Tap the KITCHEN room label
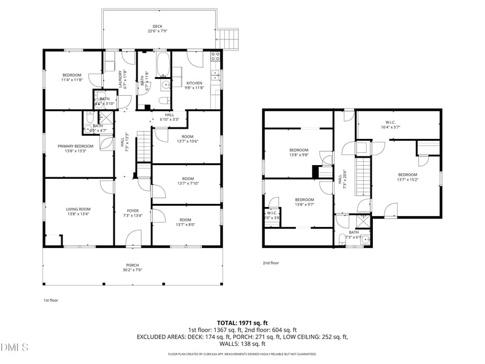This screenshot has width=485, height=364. (194, 83)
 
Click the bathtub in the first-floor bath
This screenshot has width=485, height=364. (163, 62)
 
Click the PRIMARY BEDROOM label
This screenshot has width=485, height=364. (76, 146)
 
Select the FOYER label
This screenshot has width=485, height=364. (132, 211)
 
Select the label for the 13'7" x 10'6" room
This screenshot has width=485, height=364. (187, 139)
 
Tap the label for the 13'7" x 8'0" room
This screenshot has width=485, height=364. (186, 223)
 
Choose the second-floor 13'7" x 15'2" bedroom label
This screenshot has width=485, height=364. (407, 177)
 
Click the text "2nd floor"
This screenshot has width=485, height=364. (270, 263)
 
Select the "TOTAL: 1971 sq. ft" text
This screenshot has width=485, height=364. (242, 322)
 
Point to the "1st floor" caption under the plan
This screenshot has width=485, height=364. (50, 300)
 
